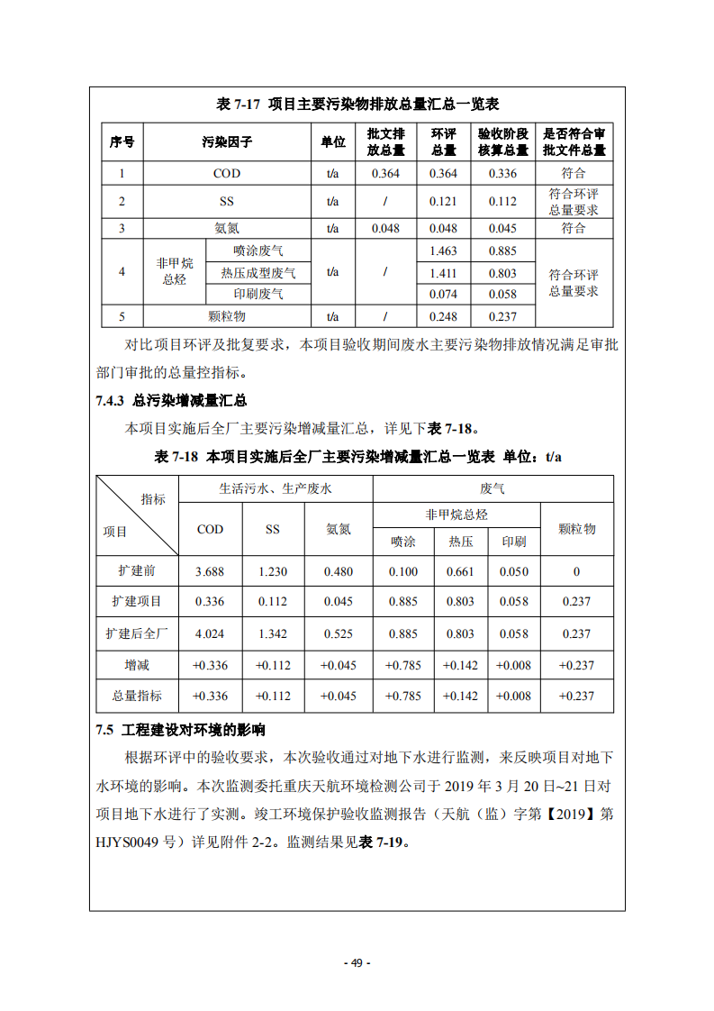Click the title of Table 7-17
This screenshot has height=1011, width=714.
[x=357, y=105]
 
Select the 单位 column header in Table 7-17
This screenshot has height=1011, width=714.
[x=332, y=142]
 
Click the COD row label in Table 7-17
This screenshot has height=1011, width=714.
[x=227, y=173]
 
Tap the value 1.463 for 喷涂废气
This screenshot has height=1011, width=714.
[x=444, y=251]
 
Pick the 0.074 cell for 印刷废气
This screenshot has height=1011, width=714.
[x=444, y=294]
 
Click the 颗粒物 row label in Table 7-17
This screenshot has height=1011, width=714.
[x=227, y=316]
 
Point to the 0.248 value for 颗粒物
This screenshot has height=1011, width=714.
[x=444, y=316]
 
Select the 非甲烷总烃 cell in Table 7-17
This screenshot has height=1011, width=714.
[x=175, y=271]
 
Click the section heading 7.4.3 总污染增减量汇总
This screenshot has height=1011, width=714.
[x=171, y=401]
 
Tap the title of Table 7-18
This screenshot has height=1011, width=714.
[x=357, y=457]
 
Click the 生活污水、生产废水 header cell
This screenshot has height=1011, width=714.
[x=276, y=488]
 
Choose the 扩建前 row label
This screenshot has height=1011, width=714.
[x=137, y=571]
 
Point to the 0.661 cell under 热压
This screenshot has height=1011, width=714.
[x=460, y=571]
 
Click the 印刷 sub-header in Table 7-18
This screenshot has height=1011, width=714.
[x=514, y=542]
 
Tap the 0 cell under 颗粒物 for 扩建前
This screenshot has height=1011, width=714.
[x=576, y=571]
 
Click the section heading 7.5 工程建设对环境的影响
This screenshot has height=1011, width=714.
[x=180, y=729]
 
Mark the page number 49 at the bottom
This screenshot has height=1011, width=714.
[x=357, y=962]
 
